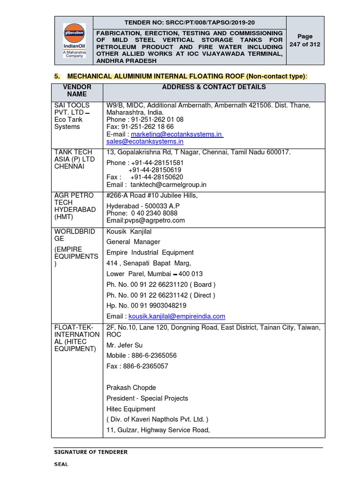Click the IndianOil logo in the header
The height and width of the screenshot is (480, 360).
[x=74, y=39]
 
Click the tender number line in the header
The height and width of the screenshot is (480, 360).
[x=189, y=22]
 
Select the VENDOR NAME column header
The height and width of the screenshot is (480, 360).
[x=77, y=90]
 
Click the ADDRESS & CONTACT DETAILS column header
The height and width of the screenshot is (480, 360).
[x=214, y=87]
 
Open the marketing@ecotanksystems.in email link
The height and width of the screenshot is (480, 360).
[x=176, y=134]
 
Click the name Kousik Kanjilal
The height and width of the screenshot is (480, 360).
[x=129, y=232]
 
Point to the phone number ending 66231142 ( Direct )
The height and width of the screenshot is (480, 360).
[x=161, y=295]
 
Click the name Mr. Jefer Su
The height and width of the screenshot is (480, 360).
[x=125, y=345]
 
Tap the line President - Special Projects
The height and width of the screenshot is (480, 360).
[x=147, y=398]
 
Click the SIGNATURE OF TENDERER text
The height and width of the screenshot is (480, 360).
[x=90, y=452]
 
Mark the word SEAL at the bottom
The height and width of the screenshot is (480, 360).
[x=60, y=464]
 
